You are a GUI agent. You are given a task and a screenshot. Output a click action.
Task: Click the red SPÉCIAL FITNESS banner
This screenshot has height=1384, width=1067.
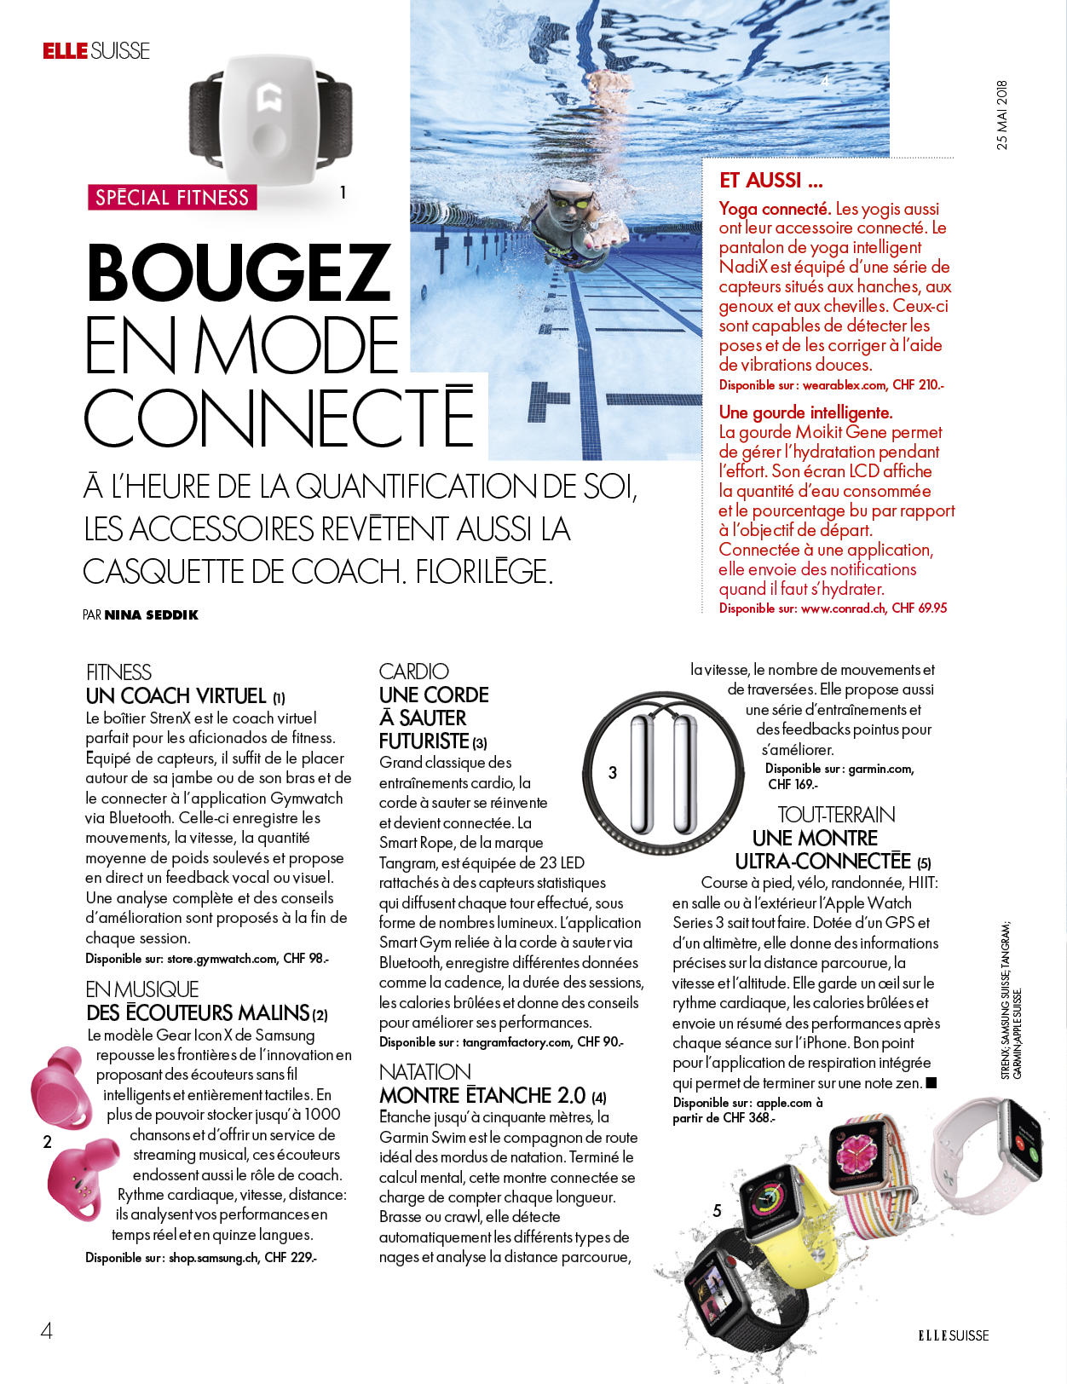point(171,198)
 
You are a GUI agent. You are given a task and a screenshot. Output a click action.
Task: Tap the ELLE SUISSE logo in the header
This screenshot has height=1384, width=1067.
point(96,51)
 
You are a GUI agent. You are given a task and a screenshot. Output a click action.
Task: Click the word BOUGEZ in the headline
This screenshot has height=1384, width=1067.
point(239,273)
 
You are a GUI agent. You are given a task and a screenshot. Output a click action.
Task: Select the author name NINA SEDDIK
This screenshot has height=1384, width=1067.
point(151,614)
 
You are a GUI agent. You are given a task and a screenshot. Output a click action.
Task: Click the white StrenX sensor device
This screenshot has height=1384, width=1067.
point(269,119)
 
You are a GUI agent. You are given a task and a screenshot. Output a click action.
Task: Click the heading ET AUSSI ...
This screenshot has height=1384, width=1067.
point(770,181)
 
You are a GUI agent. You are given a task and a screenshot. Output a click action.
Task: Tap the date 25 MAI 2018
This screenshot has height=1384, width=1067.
point(1002,115)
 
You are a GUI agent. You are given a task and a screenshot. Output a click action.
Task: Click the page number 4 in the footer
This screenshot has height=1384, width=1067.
point(47,1330)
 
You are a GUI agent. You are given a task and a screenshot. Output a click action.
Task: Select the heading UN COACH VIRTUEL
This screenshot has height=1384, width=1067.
point(176,696)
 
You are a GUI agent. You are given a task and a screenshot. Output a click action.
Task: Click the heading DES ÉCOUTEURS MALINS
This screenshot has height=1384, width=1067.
point(198,1013)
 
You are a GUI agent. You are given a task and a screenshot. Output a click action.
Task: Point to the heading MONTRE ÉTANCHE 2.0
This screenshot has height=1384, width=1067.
point(482,1096)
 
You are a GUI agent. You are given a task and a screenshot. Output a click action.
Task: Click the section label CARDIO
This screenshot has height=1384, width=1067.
point(413,672)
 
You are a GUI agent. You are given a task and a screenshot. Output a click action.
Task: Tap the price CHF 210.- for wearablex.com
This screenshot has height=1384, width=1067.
point(918,385)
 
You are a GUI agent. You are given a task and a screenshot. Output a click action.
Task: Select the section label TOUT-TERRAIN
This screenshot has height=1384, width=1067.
point(836,815)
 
